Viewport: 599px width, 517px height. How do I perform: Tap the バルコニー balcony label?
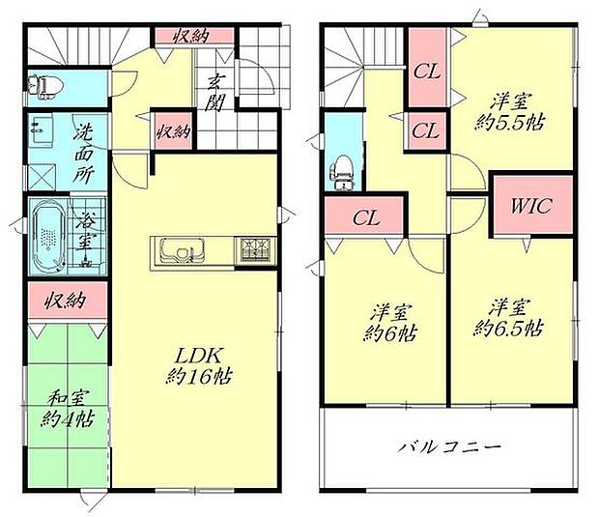(x=449, y=447)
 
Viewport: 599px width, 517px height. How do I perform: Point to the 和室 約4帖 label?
(x=68, y=408)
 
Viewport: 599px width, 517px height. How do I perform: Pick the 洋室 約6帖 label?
(x=392, y=322)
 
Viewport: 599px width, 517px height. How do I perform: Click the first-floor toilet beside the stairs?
(x=45, y=87)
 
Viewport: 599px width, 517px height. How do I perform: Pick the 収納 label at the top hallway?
(x=193, y=35)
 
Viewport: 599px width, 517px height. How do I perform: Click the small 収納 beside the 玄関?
(x=174, y=129)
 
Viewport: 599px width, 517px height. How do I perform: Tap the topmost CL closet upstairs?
(x=426, y=70)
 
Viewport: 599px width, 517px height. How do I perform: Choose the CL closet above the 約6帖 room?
(x=365, y=217)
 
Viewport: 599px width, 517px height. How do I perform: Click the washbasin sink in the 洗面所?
(x=43, y=128)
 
